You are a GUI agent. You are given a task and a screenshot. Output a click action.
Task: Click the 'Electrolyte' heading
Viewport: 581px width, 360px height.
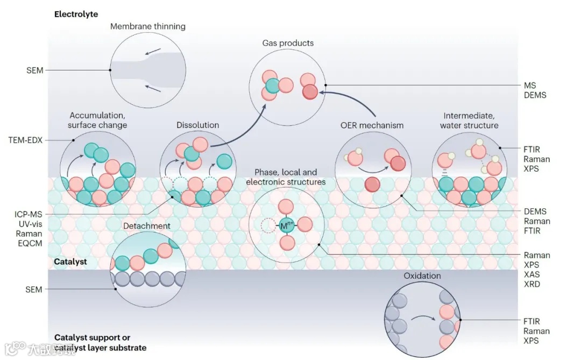coord(76,14)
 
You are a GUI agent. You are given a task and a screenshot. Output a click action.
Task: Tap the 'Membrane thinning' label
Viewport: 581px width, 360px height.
coord(148,26)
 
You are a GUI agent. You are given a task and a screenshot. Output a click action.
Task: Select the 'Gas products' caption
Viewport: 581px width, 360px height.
coord(288,43)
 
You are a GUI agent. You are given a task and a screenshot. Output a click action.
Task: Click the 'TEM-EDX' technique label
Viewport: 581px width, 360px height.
coord(25,140)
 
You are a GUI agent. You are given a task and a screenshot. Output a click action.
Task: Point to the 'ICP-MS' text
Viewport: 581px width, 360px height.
coord(28,214)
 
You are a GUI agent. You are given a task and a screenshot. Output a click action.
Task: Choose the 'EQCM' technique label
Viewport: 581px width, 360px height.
coord(30,243)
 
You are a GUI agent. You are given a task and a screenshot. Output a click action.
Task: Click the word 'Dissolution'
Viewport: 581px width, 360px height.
coord(197,125)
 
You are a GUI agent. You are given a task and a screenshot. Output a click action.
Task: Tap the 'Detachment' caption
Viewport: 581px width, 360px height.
coord(147,226)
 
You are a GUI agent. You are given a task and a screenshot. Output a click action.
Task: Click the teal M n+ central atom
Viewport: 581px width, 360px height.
coord(286,225)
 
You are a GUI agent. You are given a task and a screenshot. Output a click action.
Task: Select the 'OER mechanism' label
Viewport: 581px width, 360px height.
coord(372,125)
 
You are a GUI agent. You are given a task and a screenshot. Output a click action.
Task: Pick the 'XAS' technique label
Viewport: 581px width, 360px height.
coord(532,274)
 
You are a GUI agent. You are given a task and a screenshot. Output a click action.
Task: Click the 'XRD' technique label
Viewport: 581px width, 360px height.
coord(532,284)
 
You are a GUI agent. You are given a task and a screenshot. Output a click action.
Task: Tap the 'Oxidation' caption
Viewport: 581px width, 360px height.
coord(422,276)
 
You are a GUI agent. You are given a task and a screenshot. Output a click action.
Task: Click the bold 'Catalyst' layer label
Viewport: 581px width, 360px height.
coord(70,262)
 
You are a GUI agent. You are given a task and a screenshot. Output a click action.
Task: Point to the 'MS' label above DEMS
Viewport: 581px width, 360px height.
coord(530,85)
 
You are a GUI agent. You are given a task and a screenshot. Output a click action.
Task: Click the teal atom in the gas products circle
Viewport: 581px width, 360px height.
coord(272,86)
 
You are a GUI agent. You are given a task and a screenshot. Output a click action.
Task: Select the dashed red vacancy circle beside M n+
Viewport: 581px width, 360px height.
coord(268,225)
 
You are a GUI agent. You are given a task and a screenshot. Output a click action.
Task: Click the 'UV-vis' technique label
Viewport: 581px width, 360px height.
coord(30,224)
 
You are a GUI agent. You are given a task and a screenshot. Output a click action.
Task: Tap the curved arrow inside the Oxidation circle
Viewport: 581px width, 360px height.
coord(423,317)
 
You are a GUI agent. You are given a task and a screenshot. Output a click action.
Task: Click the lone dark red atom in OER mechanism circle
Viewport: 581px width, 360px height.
coord(372,184)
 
